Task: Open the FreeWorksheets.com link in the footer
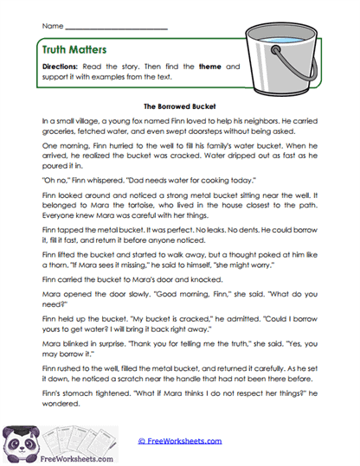[x=179, y=442]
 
